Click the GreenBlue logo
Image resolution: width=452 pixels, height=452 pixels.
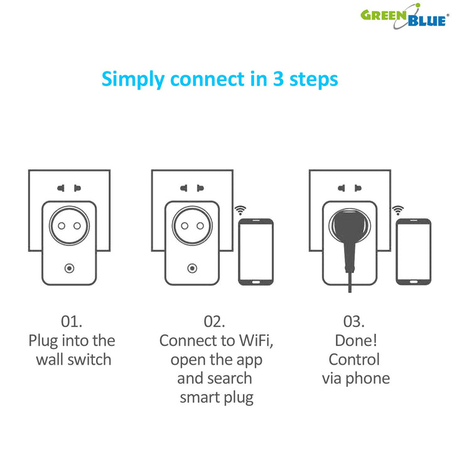405,16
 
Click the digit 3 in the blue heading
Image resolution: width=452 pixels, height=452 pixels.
279,78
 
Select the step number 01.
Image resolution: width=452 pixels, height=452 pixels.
72,321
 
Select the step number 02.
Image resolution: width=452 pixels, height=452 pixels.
214,321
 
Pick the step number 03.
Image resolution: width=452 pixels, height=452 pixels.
353,321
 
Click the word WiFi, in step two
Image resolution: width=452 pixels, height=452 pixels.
256,341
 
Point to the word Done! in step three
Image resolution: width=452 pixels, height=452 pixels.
356,340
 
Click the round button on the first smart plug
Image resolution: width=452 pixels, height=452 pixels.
69,269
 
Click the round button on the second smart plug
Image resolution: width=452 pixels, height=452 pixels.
192,269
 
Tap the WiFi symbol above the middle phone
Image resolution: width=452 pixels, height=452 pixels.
240,210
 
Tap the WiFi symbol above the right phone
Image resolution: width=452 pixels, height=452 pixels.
398,210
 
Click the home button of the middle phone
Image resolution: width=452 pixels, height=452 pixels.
256,282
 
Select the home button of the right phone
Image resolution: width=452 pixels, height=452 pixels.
414,282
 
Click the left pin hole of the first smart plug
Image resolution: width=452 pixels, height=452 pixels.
62,226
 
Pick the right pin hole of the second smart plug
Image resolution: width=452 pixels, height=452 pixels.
200,226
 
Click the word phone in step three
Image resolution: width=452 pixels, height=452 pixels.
367,379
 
